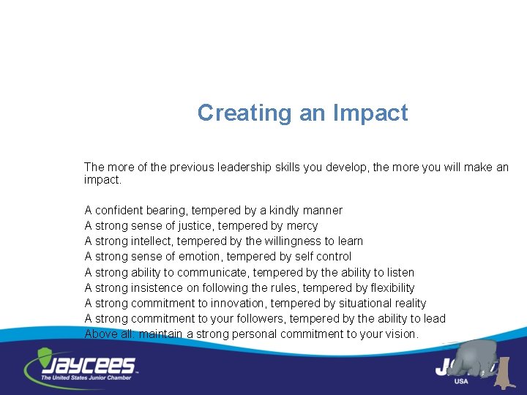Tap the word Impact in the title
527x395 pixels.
tap(370, 113)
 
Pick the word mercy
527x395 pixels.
tap(302, 226)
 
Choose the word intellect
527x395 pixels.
tap(154, 241)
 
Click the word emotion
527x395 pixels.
tap(198, 257)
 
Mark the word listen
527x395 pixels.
tap(399, 272)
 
